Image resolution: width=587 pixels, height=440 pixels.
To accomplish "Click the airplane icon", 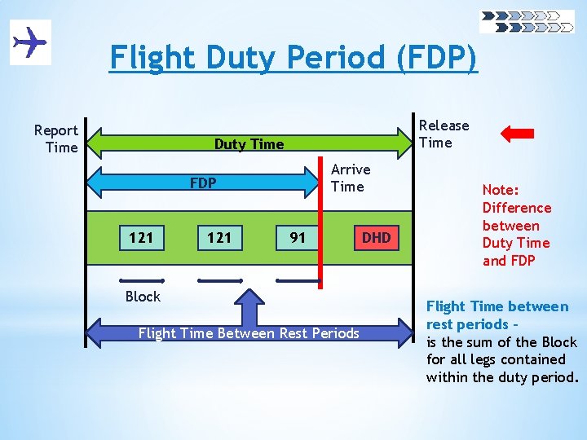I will click(x=30, y=42).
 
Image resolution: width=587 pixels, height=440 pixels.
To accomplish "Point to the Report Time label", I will click(x=56, y=139).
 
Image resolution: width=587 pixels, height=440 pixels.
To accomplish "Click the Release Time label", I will click(x=444, y=134).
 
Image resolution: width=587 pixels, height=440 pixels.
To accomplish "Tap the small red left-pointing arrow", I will click(x=517, y=134).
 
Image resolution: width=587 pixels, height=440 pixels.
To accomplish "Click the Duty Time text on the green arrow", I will click(x=249, y=144).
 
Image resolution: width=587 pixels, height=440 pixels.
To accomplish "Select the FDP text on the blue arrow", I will click(x=203, y=183).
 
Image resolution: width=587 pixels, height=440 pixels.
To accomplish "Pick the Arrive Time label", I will click(x=351, y=178).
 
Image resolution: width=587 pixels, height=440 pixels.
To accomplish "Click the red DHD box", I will click(x=376, y=238).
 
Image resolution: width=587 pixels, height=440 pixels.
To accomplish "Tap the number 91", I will click(x=298, y=238).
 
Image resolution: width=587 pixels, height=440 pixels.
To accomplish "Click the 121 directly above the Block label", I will click(x=141, y=238).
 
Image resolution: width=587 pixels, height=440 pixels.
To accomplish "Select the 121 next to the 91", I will click(x=219, y=238).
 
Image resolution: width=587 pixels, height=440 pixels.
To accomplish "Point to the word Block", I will click(x=143, y=297).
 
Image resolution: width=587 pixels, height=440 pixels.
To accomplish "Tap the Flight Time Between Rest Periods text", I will click(x=249, y=333).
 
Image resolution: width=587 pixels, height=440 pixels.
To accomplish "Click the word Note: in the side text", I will click(x=501, y=191).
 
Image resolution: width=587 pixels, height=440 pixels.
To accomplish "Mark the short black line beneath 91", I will click(x=298, y=281).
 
